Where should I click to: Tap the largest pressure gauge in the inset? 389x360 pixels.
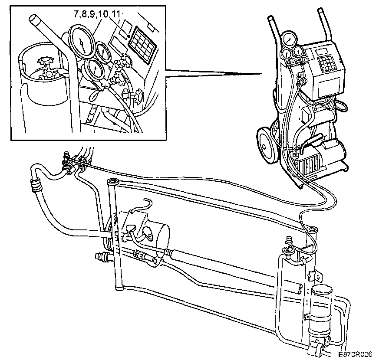(x=82, y=41)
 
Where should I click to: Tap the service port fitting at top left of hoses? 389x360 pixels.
(x=67, y=157)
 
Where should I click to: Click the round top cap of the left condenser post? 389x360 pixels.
(x=114, y=181)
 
